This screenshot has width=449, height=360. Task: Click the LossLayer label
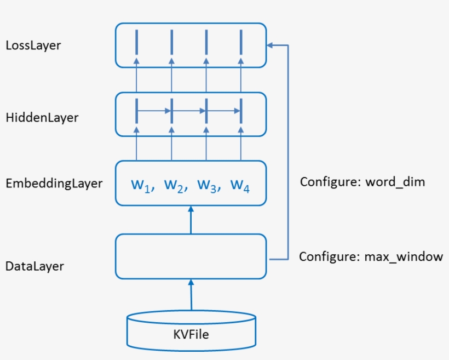point(33,45)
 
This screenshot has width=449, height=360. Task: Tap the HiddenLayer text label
point(42,117)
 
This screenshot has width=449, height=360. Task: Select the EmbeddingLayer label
point(54,184)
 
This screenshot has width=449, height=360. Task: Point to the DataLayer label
point(34,266)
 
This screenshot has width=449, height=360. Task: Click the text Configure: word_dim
point(362,182)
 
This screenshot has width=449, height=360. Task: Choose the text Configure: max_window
point(371,256)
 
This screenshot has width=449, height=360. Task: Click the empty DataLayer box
point(191,256)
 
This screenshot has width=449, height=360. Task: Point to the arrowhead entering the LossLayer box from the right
point(270,45)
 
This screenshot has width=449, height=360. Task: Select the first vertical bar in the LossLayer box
point(136,42)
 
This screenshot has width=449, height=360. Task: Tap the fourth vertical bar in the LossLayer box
point(240,42)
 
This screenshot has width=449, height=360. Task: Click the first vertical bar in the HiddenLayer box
point(136,111)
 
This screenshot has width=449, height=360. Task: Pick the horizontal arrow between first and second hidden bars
point(154,111)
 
